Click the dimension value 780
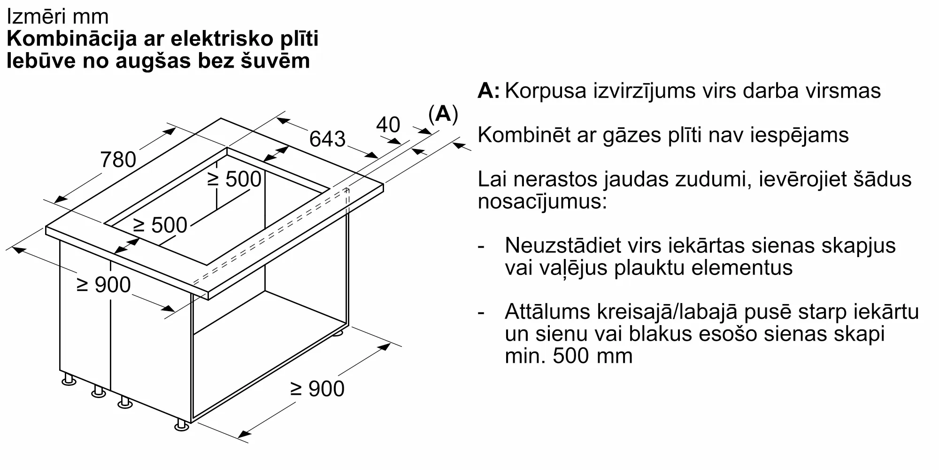(x=118, y=160)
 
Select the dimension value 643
(x=327, y=139)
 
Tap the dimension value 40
(x=388, y=125)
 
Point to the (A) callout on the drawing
(x=443, y=114)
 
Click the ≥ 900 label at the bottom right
(x=317, y=389)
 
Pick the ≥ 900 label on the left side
(x=104, y=285)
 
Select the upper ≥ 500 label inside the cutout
(x=234, y=179)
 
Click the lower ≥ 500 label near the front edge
(x=160, y=225)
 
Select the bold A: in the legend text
(x=488, y=91)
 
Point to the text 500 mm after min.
(x=593, y=356)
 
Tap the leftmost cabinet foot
(x=69, y=379)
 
